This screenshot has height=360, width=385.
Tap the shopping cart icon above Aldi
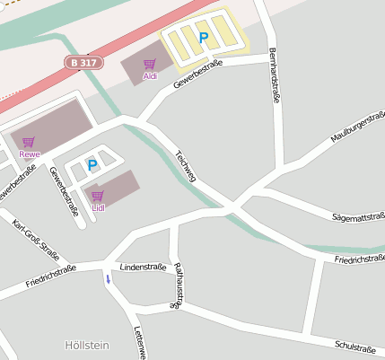pyautogui.click(x=149, y=64)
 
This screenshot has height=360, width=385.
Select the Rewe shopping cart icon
pyautogui.click(x=29, y=142)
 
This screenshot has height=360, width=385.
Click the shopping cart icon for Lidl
pyautogui.click(x=97, y=195)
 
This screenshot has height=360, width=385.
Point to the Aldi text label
pyautogui.click(x=150, y=76)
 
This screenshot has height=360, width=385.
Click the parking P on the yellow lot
pyautogui.click(x=203, y=37)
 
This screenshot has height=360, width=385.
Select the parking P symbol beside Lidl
pyautogui.click(x=92, y=164)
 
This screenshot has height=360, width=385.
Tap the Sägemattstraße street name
pyautogui.click(x=358, y=217)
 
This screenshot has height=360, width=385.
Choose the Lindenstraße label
pyautogui.click(x=143, y=268)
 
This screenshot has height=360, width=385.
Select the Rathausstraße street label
pyautogui.click(x=179, y=285)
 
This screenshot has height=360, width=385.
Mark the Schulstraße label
pyautogui.click(x=354, y=347)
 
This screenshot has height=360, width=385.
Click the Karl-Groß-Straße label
pyautogui.click(x=35, y=239)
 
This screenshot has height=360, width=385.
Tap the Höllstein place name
pyautogui.click(x=86, y=345)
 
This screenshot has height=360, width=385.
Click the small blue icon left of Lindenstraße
pyautogui.click(x=109, y=278)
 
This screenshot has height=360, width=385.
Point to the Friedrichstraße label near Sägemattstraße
pyautogui.click(x=359, y=259)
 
